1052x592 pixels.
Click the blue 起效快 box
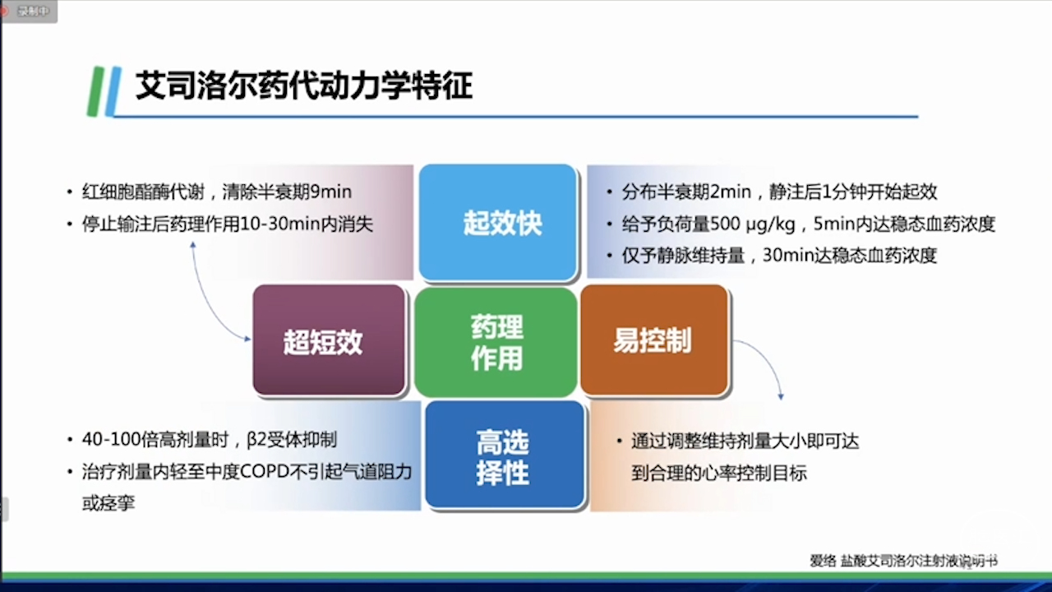pos(498,222)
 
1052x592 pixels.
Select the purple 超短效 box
pos(329,340)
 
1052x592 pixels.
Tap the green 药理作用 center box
pos(496,343)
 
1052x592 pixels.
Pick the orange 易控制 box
pos(654,340)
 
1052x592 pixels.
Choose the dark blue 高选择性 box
pos(505,455)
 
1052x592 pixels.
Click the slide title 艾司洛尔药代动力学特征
pos(304,86)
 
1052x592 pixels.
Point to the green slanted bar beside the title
pos(95,91)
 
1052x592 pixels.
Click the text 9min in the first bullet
pos(330,192)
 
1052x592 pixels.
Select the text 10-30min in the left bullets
pos(280,224)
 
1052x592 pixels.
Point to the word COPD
pos(265,471)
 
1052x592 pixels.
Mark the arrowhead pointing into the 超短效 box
pos(247,339)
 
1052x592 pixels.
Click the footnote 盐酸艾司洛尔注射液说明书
pos(919,561)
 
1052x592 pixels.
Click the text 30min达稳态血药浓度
pos(850,256)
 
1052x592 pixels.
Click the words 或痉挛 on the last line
pos(108,503)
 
